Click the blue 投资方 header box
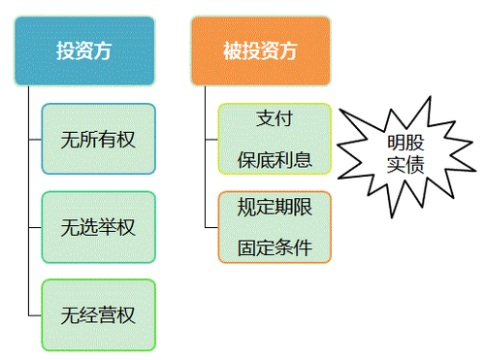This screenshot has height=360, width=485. (84, 49)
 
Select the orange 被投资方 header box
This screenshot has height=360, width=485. (260, 49)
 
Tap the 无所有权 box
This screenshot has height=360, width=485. (98, 139)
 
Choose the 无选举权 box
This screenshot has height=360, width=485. (98, 227)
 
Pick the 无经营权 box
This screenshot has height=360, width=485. (98, 314)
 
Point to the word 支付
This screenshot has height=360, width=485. (275, 118)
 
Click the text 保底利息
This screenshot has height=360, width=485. (275, 158)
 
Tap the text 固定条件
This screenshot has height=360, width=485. (275, 245)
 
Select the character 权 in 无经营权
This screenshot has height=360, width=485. (126, 314)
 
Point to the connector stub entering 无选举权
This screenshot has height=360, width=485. (36, 227)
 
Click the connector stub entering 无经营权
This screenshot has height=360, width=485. (36, 314)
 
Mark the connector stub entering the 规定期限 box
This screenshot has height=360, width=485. (211, 226)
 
